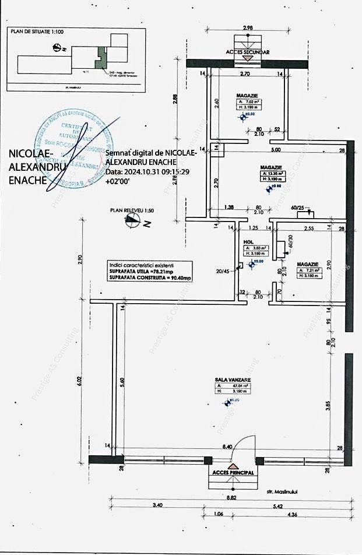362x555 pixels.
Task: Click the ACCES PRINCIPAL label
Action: click(x=233, y=473)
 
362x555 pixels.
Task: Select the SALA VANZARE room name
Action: click(x=232, y=379)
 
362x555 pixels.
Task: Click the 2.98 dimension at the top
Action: click(x=247, y=28)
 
